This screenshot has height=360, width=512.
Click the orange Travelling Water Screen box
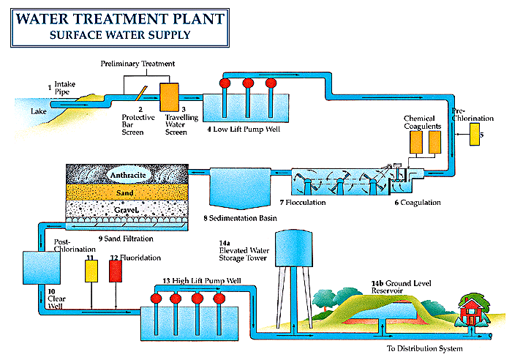coord(169,97)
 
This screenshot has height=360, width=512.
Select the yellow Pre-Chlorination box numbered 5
coord(475,135)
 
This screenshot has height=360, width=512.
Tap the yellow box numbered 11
coord(91,271)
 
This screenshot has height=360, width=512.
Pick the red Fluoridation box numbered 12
coord(115,271)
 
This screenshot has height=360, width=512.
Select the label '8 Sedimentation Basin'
coord(238,219)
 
